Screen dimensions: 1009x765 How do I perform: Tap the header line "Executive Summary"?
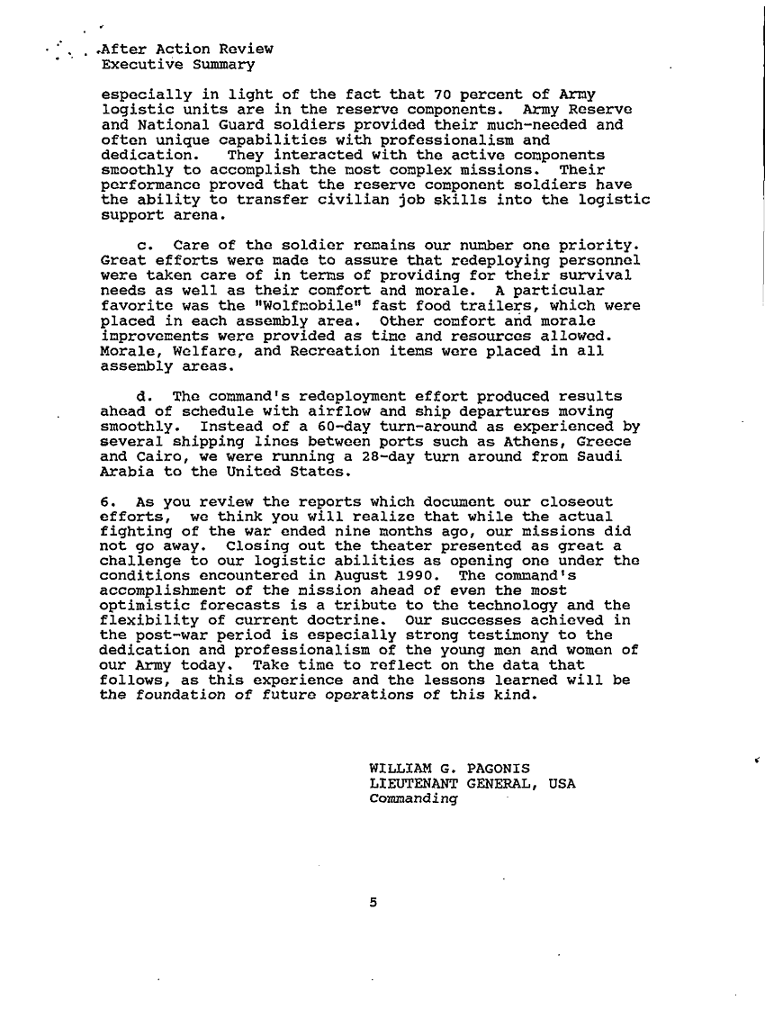coord(178,64)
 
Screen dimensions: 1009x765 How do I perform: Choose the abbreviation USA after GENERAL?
coord(561,783)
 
